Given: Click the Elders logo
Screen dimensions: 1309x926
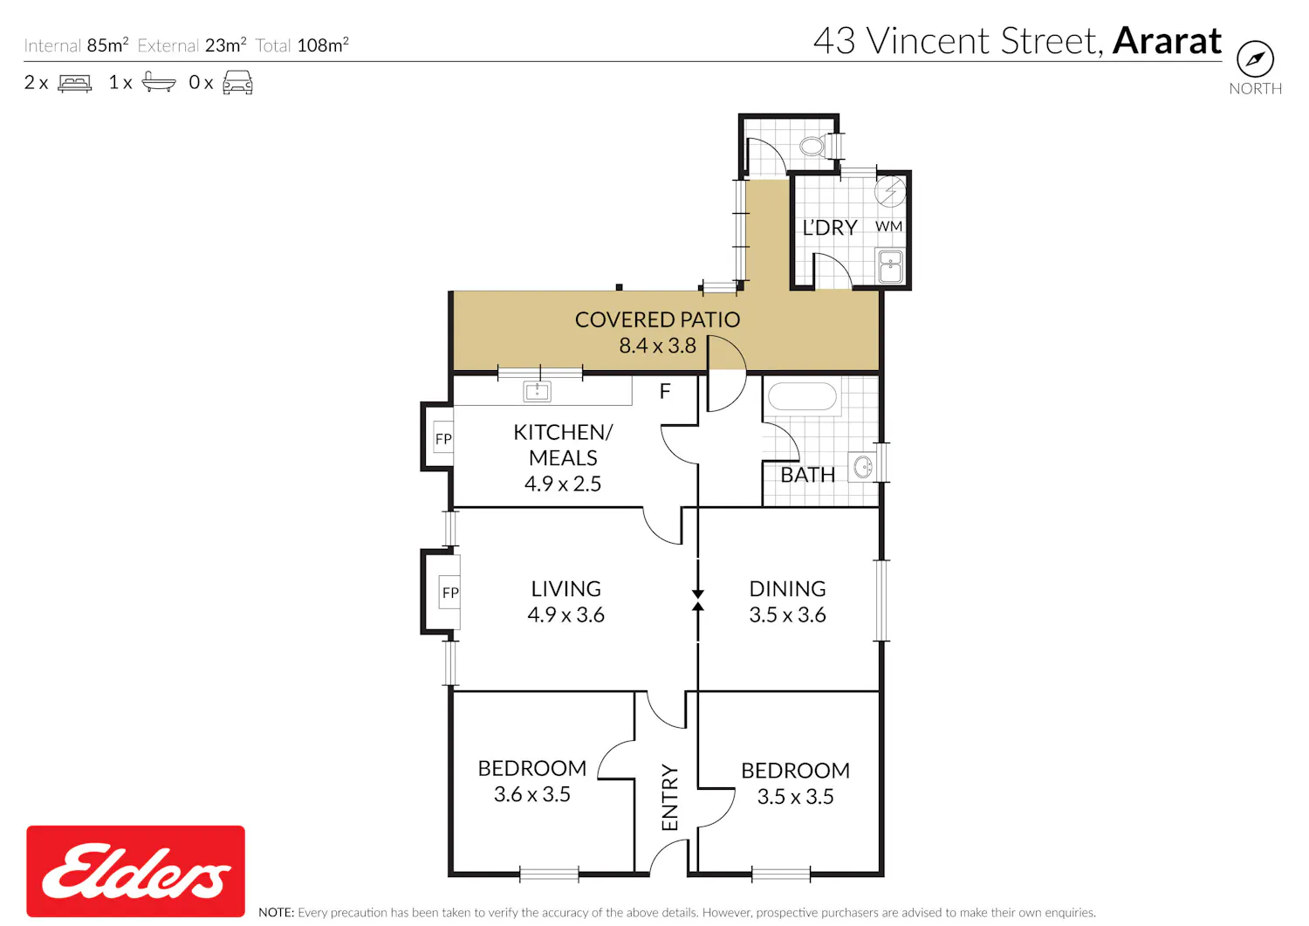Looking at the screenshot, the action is pyautogui.click(x=135, y=870).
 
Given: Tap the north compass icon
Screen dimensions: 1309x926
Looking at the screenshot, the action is pyautogui.click(x=1255, y=58).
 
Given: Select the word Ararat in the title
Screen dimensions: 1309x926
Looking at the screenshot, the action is pyautogui.click(x=1167, y=41).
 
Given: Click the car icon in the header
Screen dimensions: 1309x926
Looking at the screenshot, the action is pyautogui.click(x=237, y=82).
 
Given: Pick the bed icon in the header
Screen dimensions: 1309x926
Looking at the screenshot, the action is pyautogui.click(x=75, y=83).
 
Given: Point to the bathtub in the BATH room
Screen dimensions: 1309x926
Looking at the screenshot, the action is pyautogui.click(x=802, y=396).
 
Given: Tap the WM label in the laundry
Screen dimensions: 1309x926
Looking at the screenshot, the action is pyautogui.click(x=888, y=226).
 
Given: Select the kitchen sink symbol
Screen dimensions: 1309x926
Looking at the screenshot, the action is pyautogui.click(x=537, y=390).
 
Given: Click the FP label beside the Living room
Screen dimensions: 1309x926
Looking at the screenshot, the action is pyautogui.click(x=450, y=593).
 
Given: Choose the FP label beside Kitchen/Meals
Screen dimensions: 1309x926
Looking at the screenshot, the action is pyautogui.click(x=443, y=438).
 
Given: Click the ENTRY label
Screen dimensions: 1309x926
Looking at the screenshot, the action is pyautogui.click(x=669, y=797).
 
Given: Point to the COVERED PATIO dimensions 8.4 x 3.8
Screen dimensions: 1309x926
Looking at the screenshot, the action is pyautogui.click(x=657, y=346).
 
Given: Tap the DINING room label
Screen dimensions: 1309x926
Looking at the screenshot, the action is pyautogui.click(x=787, y=589).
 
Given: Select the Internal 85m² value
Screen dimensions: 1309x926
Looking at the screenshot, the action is pyautogui.click(x=107, y=45).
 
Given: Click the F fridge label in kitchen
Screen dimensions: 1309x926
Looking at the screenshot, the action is pyautogui.click(x=664, y=391).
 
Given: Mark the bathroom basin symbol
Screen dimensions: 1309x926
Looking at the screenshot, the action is pyautogui.click(x=862, y=467).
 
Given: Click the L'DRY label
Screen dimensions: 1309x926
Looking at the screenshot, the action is pyautogui.click(x=829, y=228).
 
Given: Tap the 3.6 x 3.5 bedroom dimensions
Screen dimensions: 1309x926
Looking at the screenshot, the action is pyautogui.click(x=531, y=794).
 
